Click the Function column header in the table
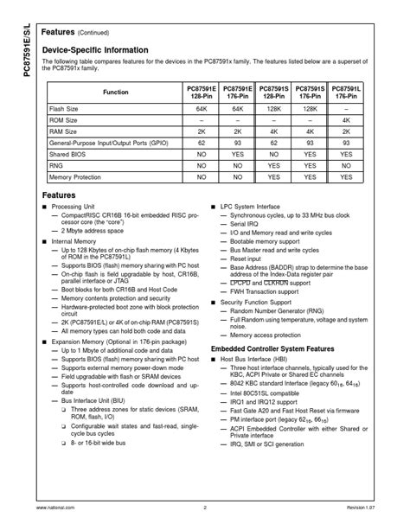[115, 92]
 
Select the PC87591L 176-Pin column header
[346, 92]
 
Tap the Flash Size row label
[65, 110]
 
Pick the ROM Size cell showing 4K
[346, 120]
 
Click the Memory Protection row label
[76, 176]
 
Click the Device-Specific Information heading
[95, 50]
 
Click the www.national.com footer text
[54, 508]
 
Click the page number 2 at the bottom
[205, 508]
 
